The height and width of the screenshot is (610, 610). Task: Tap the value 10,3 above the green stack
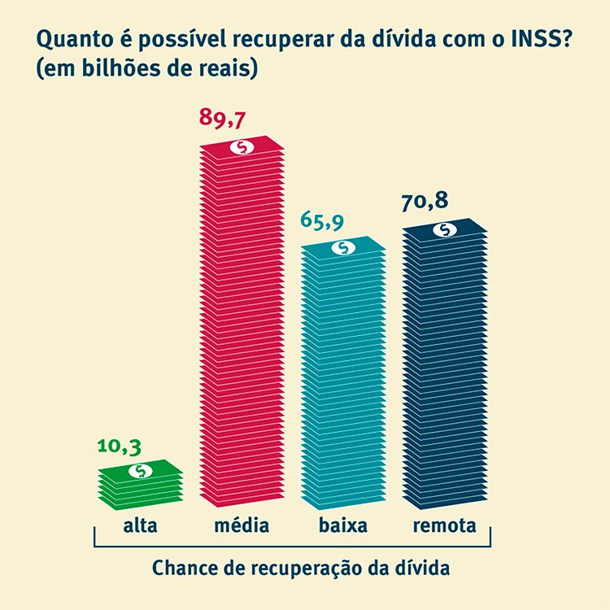coord(120,446)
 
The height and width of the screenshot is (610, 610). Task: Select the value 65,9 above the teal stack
coord(324,221)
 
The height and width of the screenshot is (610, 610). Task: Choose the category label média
coord(242,525)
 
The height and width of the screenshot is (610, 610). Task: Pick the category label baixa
coord(343,525)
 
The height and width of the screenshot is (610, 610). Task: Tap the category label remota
coord(444,525)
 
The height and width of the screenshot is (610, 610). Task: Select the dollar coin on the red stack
coord(243,147)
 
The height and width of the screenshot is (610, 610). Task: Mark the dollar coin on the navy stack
coord(445,229)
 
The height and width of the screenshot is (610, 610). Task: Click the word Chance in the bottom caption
coord(181,567)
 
